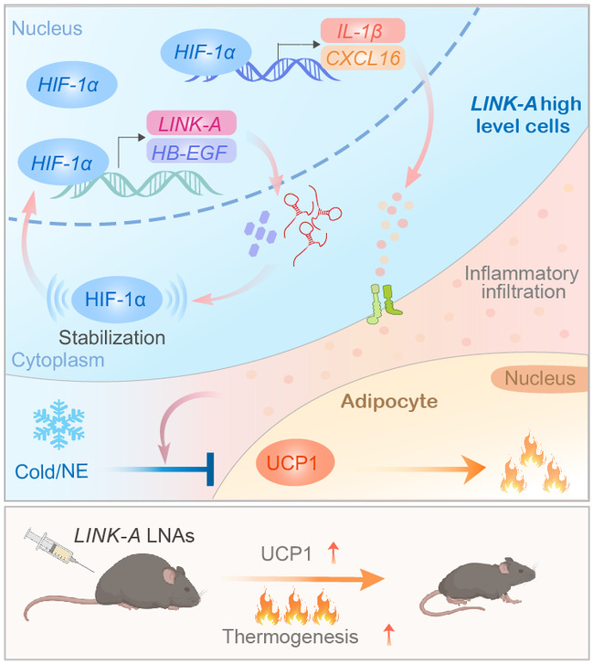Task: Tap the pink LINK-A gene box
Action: pos(191,122)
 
